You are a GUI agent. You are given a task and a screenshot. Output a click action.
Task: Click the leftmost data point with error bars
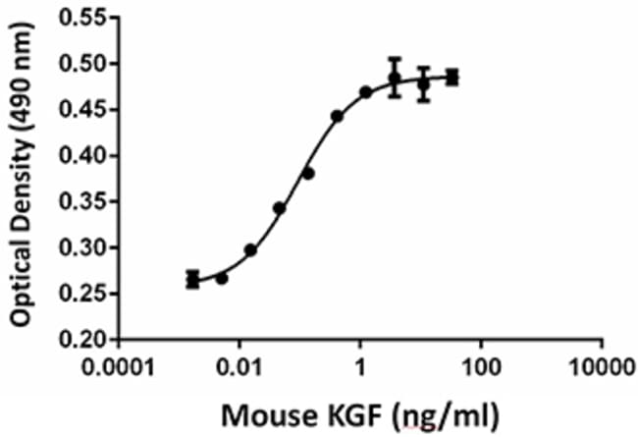(x=192, y=280)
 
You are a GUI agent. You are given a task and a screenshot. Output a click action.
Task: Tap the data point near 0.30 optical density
(x=250, y=250)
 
